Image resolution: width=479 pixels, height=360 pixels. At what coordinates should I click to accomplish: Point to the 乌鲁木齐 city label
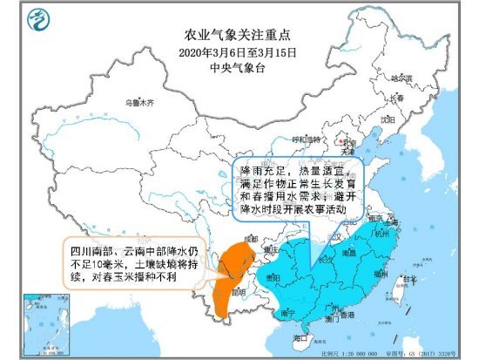(137, 103)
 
